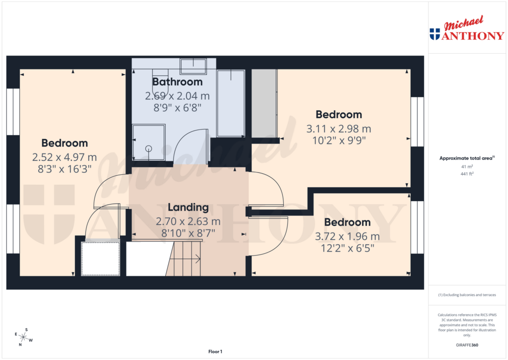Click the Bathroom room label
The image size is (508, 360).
pyautogui.click(x=177, y=82)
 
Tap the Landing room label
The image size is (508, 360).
pyautogui.click(x=188, y=208)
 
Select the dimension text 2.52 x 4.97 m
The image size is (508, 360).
pyautogui.click(x=64, y=157)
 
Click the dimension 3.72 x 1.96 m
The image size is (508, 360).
pyautogui.click(x=347, y=236)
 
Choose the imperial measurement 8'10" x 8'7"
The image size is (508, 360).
pyautogui.click(x=188, y=231)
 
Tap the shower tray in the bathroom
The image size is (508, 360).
pyautogui.click(x=148, y=143)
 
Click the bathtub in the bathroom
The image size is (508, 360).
pyautogui.click(x=231, y=103)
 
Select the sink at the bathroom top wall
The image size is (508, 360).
pyautogui.click(x=193, y=65)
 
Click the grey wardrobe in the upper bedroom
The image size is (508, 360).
pyautogui.click(x=264, y=103)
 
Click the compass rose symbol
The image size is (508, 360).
pyautogui.click(x=23, y=337)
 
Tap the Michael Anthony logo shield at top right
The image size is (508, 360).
pyautogui.click(x=435, y=34)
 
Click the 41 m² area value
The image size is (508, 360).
pyautogui.click(x=467, y=167)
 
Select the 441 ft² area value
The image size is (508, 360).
pyautogui.click(x=467, y=174)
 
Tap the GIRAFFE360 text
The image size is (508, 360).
pyautogui.click(x=467, y=345)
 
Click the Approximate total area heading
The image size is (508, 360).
pyautogui.click(x=466, y=158)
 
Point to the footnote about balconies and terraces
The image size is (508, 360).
pyautogui.click(x=467, y=295)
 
